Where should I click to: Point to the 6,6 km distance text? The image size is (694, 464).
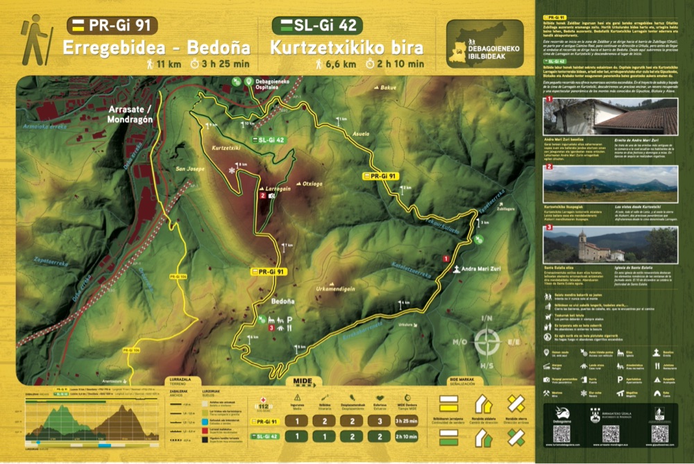(340, 65)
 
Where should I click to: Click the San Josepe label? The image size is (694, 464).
(188, 169)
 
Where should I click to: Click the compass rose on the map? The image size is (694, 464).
(487, 342)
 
